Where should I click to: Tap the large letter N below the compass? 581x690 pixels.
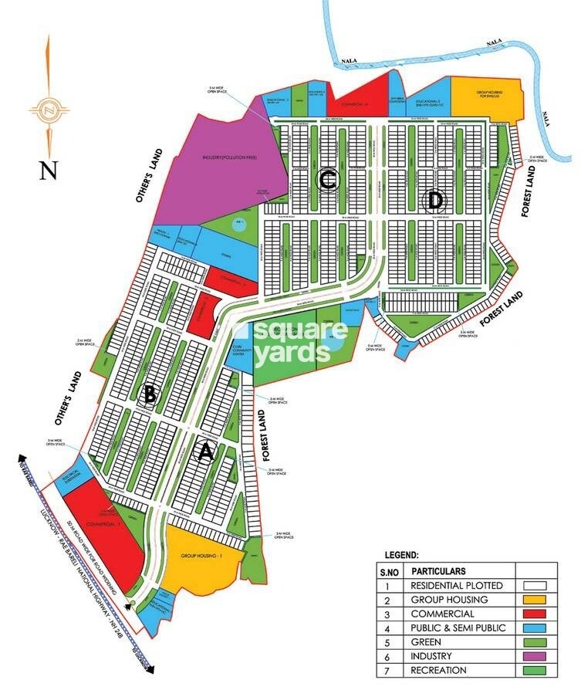pos(49,169)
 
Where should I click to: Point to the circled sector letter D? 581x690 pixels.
pos(435,201)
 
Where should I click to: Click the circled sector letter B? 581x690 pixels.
pos(150,396)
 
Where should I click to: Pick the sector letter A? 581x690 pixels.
pos(204,453)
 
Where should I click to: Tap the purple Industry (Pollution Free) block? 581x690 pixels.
pos(224,166)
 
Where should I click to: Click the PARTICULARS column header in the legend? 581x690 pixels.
pos(439,572)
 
